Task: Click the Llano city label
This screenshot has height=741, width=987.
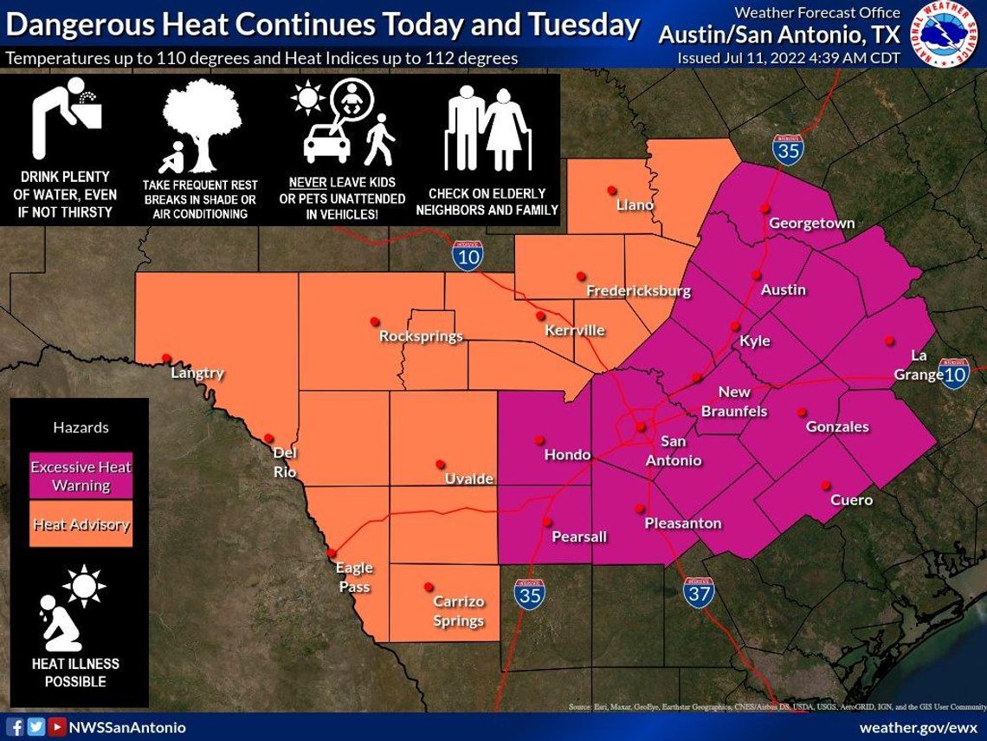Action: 635,205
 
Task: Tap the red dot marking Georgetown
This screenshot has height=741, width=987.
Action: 765,208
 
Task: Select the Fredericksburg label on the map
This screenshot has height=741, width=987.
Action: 638,290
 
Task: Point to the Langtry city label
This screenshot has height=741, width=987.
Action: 197,374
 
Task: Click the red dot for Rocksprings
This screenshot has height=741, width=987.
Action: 375,321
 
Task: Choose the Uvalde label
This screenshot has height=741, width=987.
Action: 468,479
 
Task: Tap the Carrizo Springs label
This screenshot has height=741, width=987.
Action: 458,611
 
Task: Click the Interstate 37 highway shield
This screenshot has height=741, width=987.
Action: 699,592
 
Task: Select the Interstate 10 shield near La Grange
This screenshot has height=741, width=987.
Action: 953,373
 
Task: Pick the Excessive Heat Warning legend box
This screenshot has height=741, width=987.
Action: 81,476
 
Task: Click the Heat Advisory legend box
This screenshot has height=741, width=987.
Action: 81,524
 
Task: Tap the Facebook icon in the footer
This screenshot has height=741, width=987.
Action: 15,727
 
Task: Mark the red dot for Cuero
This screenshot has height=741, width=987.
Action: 826,485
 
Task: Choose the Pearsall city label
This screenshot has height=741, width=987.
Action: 579,536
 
